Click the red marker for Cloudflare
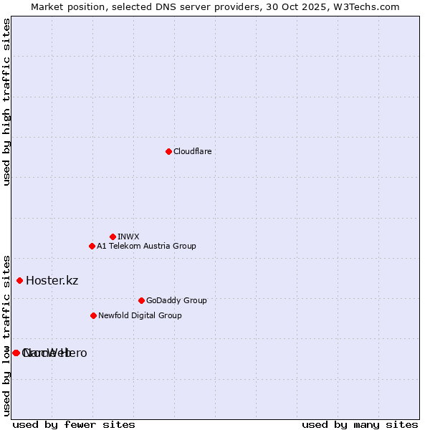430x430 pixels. click(168, 151)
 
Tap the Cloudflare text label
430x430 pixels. click(192, 151)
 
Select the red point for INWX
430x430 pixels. click(113, 236)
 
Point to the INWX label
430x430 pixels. click(128, 236)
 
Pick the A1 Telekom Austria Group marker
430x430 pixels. click(92, 246)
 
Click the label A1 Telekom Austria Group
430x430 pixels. click(146, 246)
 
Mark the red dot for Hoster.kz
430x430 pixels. click(19, 280)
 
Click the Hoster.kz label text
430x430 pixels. click(52, 280)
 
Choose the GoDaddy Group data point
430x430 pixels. click(141, 300)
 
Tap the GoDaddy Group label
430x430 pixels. click(176, 300)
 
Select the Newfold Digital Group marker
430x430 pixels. click(93, 315)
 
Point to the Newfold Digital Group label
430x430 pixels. click(140, 315)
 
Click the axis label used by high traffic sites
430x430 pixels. click(6, 102)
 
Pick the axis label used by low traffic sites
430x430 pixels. click(6, 335)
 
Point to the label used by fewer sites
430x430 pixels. click(74, 424)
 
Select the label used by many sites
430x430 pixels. click(360, 424)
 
